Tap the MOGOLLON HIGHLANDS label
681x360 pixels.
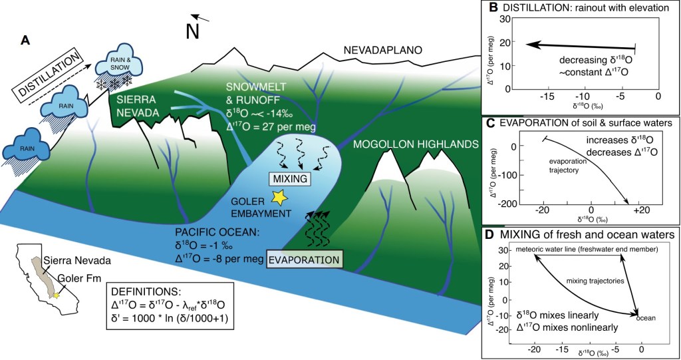pyautogui.click(x=417, y=144)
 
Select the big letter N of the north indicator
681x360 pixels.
pyautogui.click(x=193, y=32)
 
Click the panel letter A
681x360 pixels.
pyautogui.click(x=25, y=41)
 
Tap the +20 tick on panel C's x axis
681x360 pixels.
pyautogui.click(x=640, y=211)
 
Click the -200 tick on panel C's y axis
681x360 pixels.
pyautogui.click(x=503, y=203)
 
